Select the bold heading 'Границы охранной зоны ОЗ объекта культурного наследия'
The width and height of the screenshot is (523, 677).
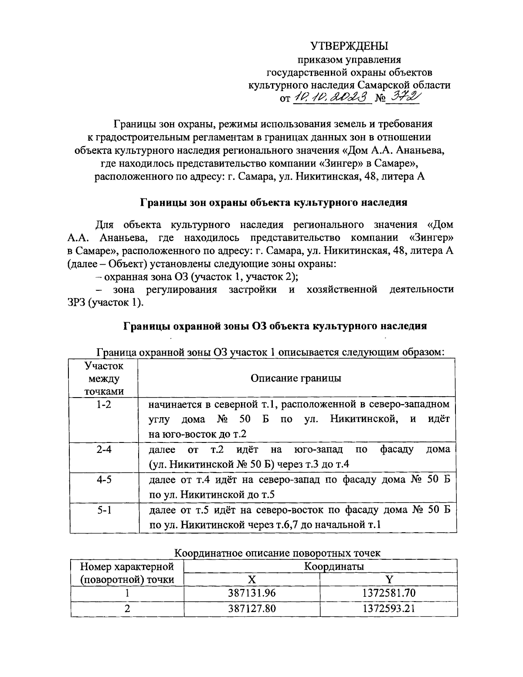pyautogui.click(x=275, y=326)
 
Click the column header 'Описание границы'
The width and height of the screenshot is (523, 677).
pyautogui.click(x=296, y=378)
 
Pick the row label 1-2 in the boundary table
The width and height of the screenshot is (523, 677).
pyautogui.click(x=104, y=405)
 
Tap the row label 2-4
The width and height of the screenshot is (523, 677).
pyautogui.click(x=104, y=449)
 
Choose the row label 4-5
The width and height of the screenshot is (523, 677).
pyautogui.click(x=104, y=480)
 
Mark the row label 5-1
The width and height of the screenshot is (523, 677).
pyautogui.click(x=104, y=510)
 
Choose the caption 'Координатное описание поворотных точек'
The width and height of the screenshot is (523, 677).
pyautogui.click(x=277, y=553)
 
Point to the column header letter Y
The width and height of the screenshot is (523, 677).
pyautogui.click(x=388, y=579)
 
